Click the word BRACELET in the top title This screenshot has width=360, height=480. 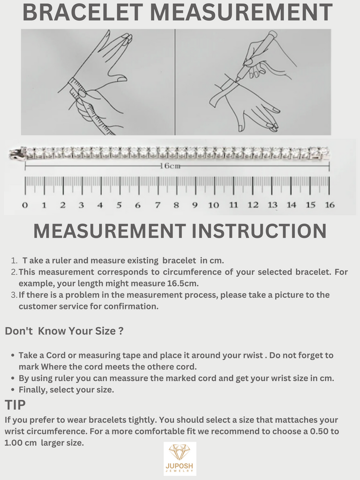click(82, 12)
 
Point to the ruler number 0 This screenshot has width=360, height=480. click(25, 205)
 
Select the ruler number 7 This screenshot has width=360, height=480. click(157, 205)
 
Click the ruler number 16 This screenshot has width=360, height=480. click(330, 205)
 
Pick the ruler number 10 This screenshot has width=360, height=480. click(213, 205)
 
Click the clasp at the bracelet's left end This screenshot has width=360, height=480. click(17, 153)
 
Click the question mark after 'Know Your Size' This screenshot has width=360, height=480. click(120, 331)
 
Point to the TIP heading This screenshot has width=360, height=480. click(15, 405)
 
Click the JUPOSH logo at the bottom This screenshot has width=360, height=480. click(180, 458)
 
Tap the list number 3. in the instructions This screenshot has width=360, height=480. click(14, 295)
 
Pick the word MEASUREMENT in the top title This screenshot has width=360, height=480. click(241, 12)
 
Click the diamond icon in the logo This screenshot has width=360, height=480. click(180, 453)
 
